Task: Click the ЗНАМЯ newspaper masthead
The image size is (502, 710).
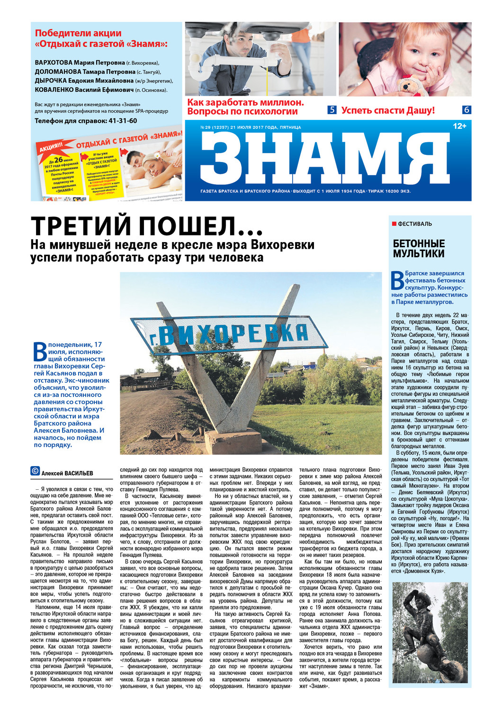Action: [x=324, y=159]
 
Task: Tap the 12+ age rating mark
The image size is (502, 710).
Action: [x=459, y=126]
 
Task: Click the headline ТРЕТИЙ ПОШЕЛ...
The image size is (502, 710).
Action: [x=147, y=226]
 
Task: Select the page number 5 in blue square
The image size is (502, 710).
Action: [x=332, y=110]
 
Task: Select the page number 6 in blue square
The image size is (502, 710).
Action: [x=466, y=110]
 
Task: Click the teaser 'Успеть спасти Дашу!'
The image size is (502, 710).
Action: [x=387, y=110]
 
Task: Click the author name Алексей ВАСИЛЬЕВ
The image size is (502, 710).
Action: [x=67, y=473]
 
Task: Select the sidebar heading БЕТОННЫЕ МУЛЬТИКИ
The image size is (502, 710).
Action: [x=419, y=249]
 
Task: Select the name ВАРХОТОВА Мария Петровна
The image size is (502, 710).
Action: [x=80, y=63]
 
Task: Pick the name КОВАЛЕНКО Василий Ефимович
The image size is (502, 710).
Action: [x=84, y=90]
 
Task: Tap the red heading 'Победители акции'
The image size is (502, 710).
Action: [x=78, y=33]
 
